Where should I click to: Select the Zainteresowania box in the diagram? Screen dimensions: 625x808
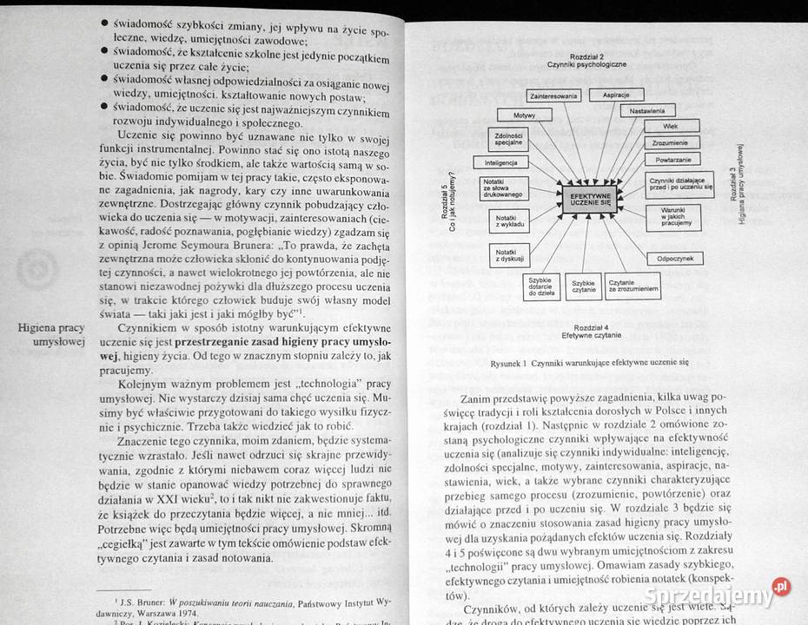(x=553, y=95)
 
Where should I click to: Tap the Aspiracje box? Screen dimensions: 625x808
(x=615, y=94)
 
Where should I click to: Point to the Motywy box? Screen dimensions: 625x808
(x=524, y=115)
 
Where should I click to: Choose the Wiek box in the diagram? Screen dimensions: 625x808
(x=671, y=125)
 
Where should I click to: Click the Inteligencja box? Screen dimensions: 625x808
(x=501, y=162)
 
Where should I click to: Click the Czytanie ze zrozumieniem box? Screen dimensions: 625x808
(x=632, y=286)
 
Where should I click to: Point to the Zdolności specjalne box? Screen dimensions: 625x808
(x=507, y=139)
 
